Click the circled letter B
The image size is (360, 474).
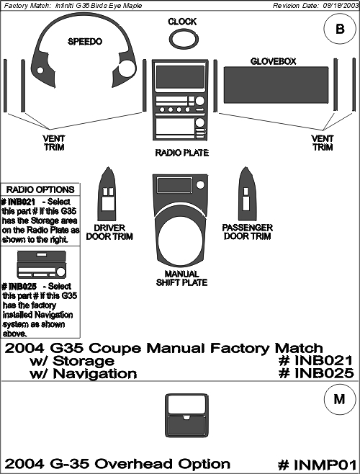click(x=340, y=29)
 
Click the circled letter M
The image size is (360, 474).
click(x=339, y=399)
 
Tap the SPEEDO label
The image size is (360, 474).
click(x=85, y=41)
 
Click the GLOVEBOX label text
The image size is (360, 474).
click(x=273, y=61)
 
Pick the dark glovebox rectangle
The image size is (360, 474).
click(x=276, y=85)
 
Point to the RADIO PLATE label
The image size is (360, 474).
click(x=181, y=153)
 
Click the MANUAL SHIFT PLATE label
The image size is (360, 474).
click(x=181, y=278)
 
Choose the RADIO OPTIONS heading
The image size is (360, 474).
click(x=40, y=189)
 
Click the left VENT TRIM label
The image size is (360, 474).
click(x=53, y=143)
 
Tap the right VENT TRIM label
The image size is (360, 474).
click(x=323, y=143)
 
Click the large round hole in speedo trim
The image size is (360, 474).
click(x=127, y=68)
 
